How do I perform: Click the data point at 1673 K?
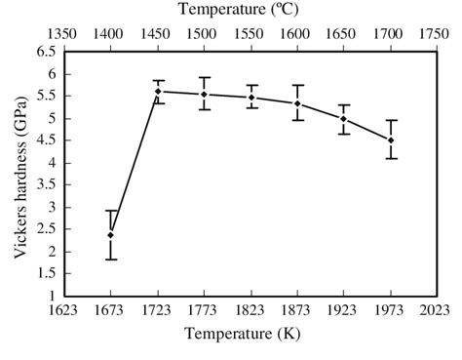tap(111, 235)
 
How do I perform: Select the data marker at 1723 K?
tap(158, 92)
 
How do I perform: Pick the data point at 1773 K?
tap(204, 95)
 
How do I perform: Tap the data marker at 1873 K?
tap(297, 103)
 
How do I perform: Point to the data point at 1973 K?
tap(391, 140)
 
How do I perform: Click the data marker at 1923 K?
tap(344, 119)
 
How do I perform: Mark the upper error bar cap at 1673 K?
tap(111, 211)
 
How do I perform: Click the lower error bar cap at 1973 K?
tap(391, 158)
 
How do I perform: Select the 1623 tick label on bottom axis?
tap(64, 312)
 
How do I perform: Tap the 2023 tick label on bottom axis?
tap(437, 312)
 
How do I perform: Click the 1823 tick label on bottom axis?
tap(250, 312)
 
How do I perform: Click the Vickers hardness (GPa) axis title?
tap(19, 174)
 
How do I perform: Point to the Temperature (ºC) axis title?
tap(250, 11)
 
